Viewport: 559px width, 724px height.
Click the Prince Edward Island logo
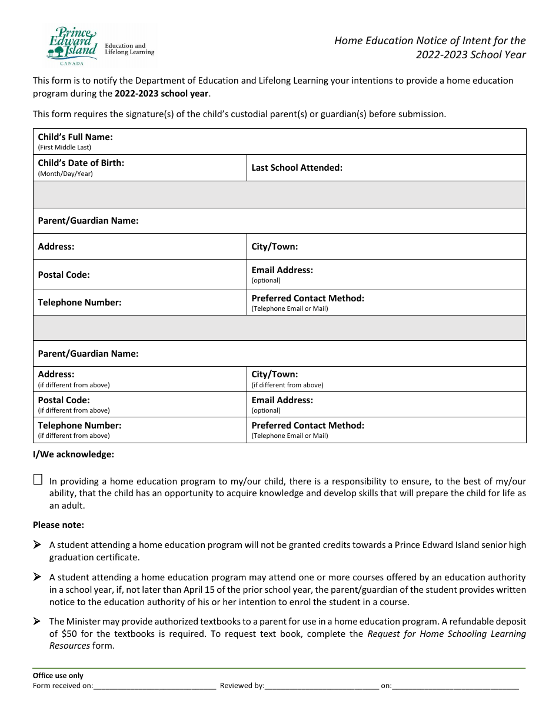(71, 46)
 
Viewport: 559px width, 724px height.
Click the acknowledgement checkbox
(38, 479)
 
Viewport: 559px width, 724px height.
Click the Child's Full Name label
(75, 137)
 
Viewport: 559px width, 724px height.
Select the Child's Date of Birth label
(81, 163)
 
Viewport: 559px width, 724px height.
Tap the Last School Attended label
(297, 168)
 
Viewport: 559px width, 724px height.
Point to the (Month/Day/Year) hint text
(65, 174)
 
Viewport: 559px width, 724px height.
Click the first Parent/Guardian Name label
(88, 221)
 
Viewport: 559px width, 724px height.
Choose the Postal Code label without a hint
(64, 275)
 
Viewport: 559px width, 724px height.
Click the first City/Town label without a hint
(275, 247)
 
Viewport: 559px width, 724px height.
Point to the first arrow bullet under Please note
(37, 545)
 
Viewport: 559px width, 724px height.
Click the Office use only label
(58, 676)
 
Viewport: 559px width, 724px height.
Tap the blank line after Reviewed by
(321, 686)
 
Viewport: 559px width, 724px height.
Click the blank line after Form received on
(154, 686)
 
